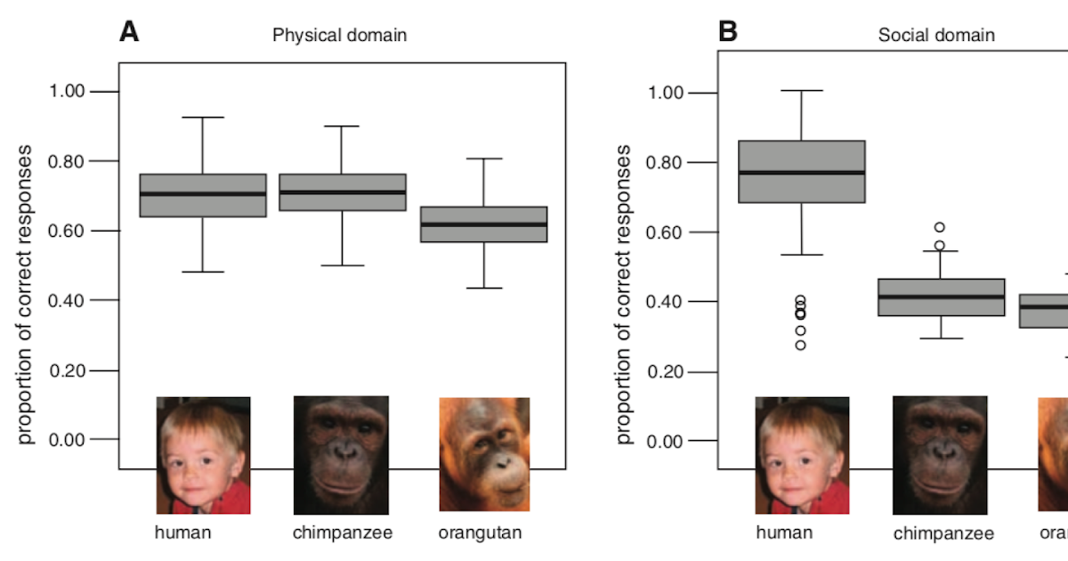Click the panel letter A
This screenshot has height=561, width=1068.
click(x=130, y=33)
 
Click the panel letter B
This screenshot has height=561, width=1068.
click(x=728, y=33)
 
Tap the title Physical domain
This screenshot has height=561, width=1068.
click(x=339, y=36)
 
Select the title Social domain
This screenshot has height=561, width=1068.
click(x=936, y=36)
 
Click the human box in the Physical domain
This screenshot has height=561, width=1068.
click(x=203, y=195)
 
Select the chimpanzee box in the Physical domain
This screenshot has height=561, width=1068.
click(x=343, y=192)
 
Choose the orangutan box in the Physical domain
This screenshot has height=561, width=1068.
click(x=483, y=224)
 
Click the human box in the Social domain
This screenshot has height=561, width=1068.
click(x=802, y=172)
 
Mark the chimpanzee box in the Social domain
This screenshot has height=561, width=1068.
click(x=941, y=297)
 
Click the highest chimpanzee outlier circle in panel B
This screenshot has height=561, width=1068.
click(x=940, y=227)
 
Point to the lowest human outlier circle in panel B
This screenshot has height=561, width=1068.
click(x=801, y=345)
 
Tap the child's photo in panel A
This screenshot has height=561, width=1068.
click(x=203, y=455)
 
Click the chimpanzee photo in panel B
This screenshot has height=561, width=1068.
click(x=940, y=455)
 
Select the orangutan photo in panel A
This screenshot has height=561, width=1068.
click(x=484, y=454)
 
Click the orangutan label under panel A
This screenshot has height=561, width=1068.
click(x=480, y=533)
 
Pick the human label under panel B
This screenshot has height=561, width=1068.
click(x=784, y=533)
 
